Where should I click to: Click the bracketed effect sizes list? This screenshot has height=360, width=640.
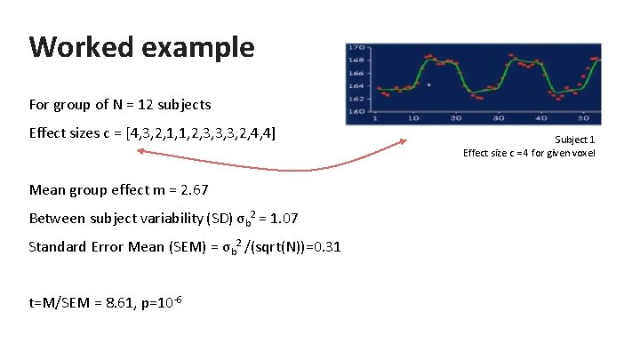pyautogui.click(x=201, y=134)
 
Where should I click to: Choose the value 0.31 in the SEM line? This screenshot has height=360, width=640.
pyautogui.click(x=327, y=247)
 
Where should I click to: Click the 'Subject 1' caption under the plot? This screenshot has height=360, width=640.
pyautogui.click(x=575, y=140)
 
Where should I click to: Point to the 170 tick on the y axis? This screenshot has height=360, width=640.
pyautogui.click(x=356, y=48)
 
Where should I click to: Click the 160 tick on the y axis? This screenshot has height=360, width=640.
pyautogui.click(x=356, y=111)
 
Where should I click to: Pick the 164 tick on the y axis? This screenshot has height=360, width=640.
pyautogui.click(x=356, y=86)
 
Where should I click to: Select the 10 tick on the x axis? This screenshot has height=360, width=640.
pyautogui.click(x=414, y=118)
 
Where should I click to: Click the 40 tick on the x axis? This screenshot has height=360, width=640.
pyautogui.click(x=540, y=118)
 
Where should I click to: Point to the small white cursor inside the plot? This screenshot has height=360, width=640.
pyautogui.click(x=429, y=85)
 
